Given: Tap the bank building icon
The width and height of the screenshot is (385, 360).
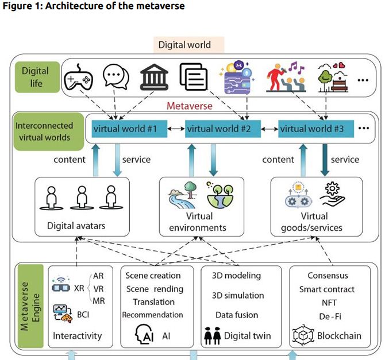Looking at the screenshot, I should coord(151,76).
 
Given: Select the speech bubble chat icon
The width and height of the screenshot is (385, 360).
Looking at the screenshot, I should coord(114,76).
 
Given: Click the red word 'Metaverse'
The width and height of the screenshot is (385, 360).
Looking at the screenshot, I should coord(190,106).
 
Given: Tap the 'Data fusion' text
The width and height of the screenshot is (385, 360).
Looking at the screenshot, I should coord(237,315).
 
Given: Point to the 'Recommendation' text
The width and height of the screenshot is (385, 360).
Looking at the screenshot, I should coord(152,315).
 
